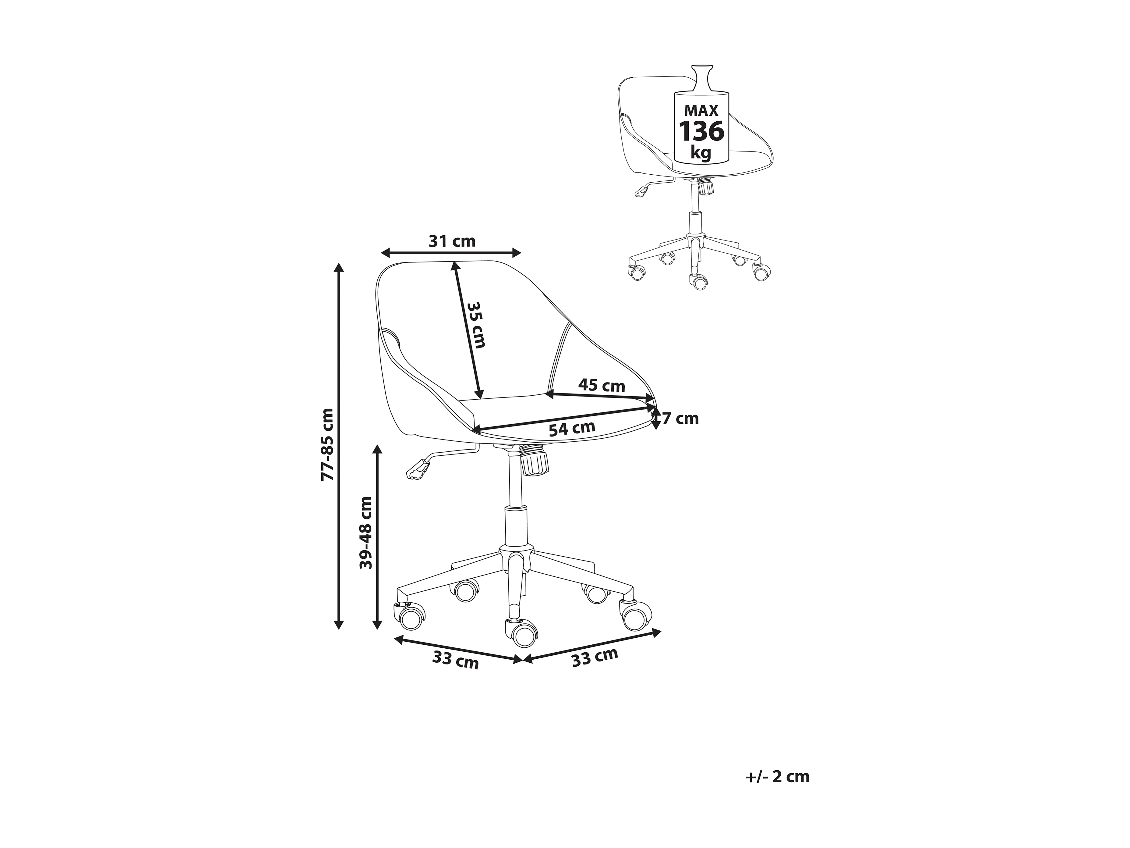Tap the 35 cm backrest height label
[475, 325]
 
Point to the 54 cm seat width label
[572, 428]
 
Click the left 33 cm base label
[455, 660]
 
